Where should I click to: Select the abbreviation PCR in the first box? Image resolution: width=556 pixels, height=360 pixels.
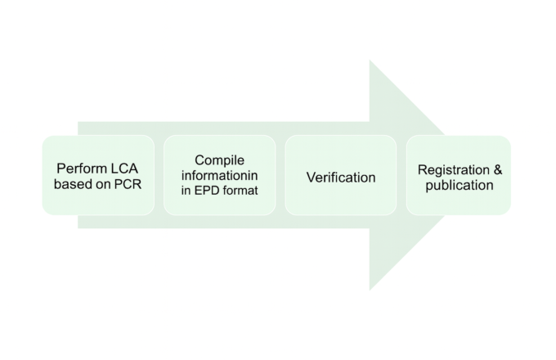point(127,184)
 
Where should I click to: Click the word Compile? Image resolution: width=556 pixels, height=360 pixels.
point(219,160)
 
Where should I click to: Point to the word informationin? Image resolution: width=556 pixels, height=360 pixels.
point(219,176)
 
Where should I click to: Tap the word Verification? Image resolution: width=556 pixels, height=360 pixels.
point(341,177)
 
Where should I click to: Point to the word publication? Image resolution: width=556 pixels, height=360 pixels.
point(460,185)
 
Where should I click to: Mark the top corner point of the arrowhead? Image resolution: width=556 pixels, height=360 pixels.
point(370,60)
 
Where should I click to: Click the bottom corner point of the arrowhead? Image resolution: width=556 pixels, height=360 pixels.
point(370,290)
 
